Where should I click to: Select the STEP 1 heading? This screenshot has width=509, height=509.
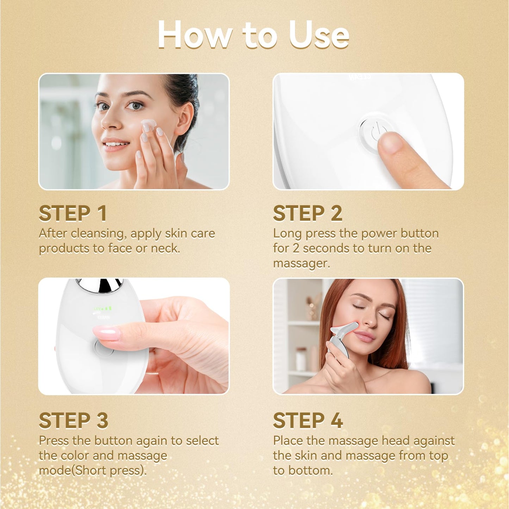tap(73, 213)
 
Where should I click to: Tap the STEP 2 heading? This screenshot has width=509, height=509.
tap(308, 213)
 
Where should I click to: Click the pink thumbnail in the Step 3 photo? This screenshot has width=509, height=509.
tap(106, 333)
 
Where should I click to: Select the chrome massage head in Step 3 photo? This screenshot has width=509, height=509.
tap(100, 285)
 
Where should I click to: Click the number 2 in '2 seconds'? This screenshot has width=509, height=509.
tap(296, 248)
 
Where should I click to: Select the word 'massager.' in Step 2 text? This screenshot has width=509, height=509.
tap(302, 263)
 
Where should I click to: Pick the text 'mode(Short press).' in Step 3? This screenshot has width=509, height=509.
tap(93, 471)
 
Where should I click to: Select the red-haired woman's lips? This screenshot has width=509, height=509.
tap(364, 336)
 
